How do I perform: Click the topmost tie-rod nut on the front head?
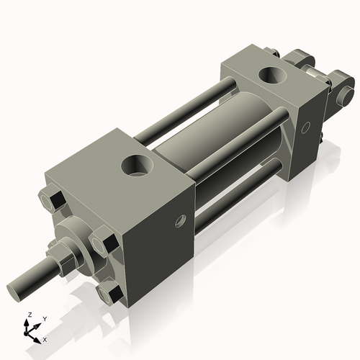tap(52, 199)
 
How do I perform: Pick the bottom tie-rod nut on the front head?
tap(110, 293)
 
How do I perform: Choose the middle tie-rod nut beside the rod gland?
tap(104, 241)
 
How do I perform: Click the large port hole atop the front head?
tap(138, 166)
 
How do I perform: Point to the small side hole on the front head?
tap(181, 221)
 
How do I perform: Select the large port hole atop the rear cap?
tap(273, 76)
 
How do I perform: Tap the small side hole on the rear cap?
tap(305, 127)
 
